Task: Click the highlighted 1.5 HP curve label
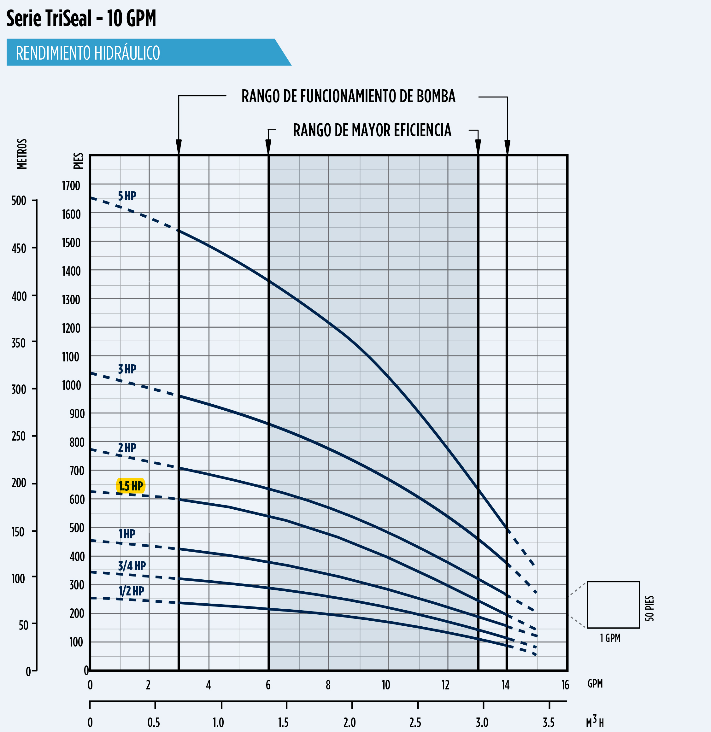(x=130, y=486)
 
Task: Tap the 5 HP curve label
(x=127, y=196)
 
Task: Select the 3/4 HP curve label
(x=132, y=566)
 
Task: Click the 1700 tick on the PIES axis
(x=71, y=186)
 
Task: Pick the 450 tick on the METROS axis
(x=19, y=248)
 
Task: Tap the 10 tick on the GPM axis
(x=386, y=685)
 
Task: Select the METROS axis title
(x=22, y=154)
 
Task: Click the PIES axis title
(x=79, y=161)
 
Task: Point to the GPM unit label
(x=595, y=683)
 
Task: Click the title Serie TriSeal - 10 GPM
(x=81, y=18)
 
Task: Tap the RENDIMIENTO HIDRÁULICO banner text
(x=88, y=53)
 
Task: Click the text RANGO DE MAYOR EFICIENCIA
(x=372, y=130)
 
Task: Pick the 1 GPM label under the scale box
(x=610, y=638)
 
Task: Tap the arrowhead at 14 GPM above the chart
(x=507, y=147)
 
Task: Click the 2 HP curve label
(x=127, y=448)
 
